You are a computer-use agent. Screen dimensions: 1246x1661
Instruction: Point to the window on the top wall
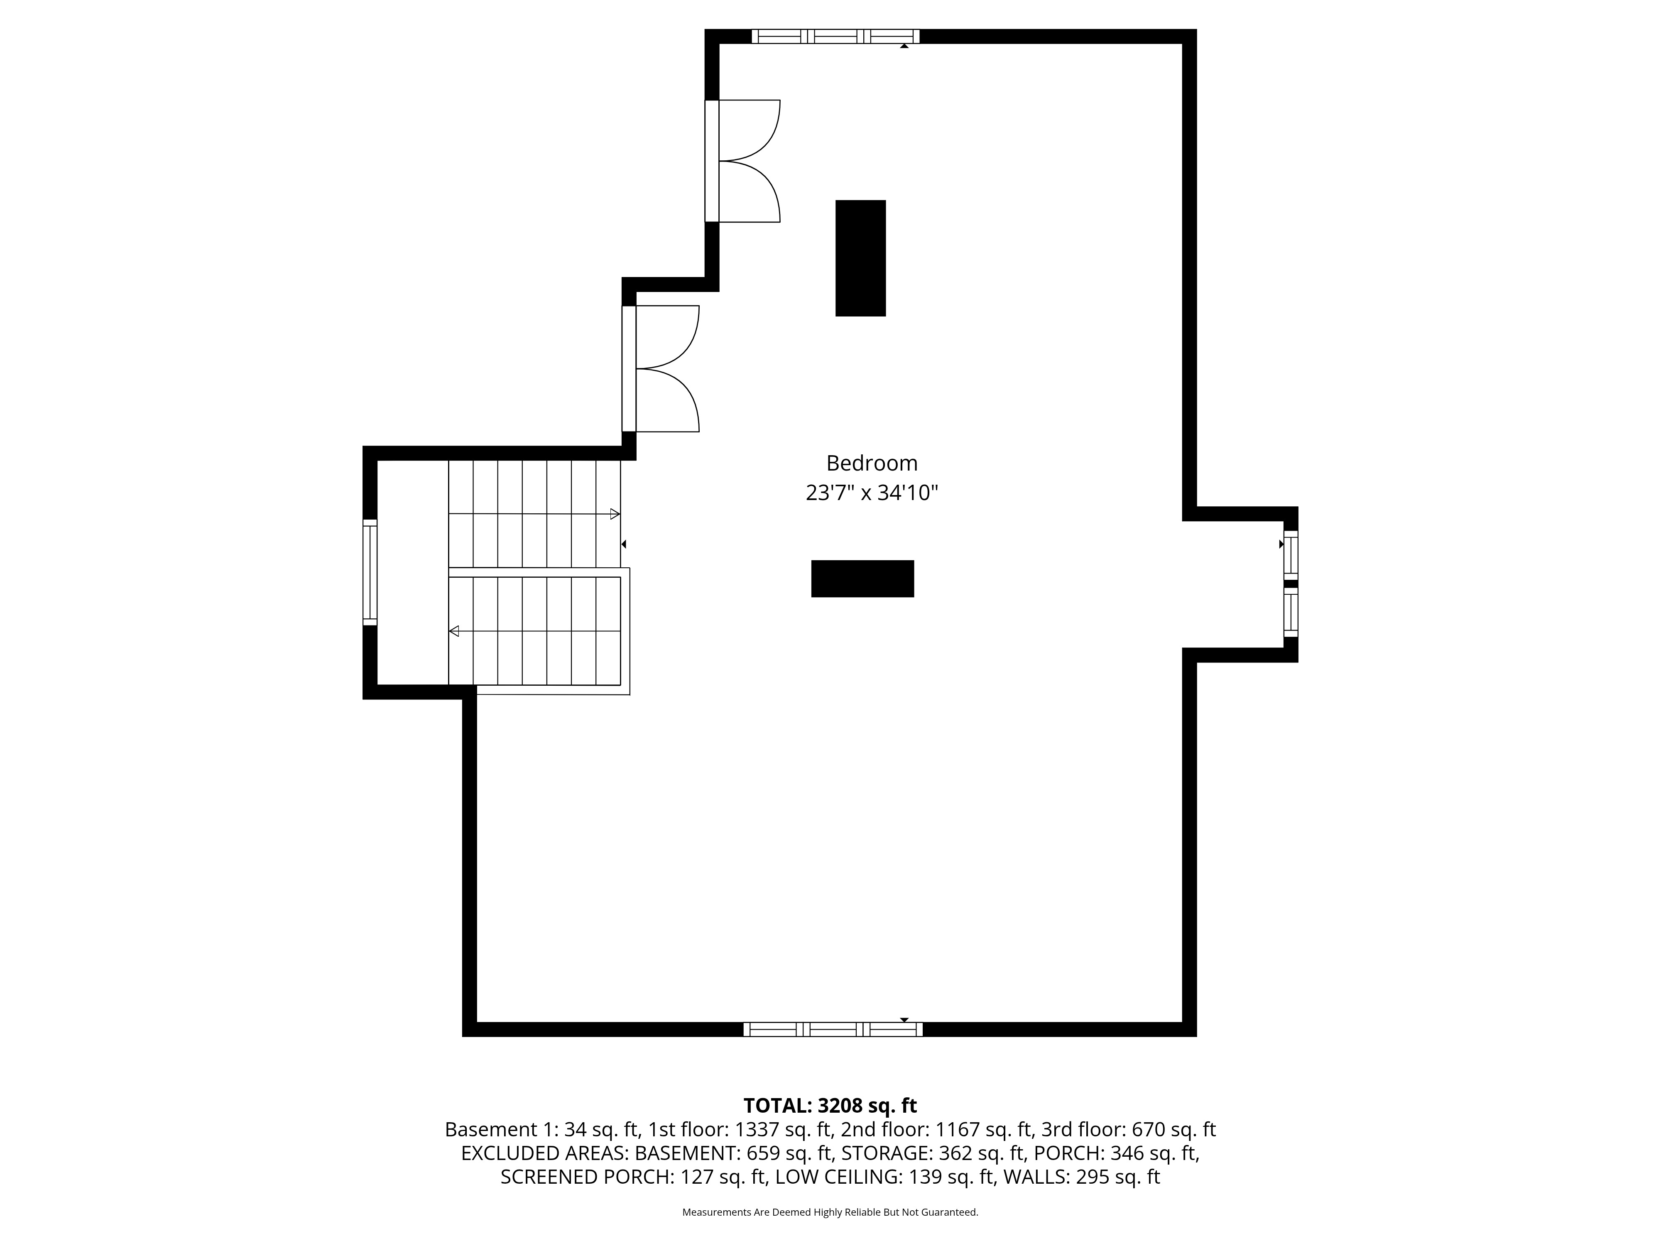tap(835, 36)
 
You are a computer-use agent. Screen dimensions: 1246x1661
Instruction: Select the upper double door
tap(743, 161)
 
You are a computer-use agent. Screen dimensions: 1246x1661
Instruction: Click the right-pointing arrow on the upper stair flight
tap(614, 515)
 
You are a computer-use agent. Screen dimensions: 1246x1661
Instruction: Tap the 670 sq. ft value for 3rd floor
tap(1173, 1130)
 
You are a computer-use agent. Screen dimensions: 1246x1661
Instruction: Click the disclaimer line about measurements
tap(830, 1212)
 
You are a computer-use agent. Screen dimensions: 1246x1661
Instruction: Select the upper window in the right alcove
tap(1290, 554)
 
